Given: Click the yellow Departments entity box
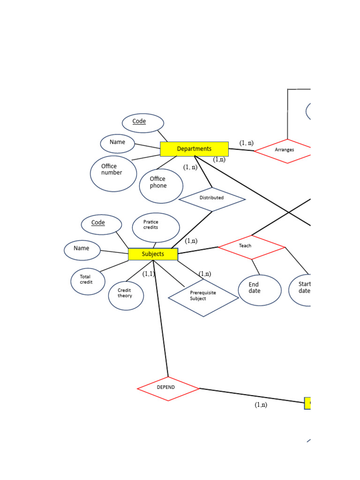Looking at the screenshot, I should (x=194, y=149).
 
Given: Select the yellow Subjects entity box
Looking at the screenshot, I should (x=153, y=254).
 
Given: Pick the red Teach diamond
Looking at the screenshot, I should (x=251, y=247).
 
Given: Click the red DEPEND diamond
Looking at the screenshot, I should (x=168, y=388).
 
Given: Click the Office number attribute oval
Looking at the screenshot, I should (x=113, y=173).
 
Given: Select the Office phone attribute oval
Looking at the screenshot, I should (x=161, y=186).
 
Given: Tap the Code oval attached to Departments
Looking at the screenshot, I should (x=143, y=123).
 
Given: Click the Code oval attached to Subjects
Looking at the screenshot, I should (x=101, y=224).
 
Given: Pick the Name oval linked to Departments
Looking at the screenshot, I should (x=118, y=143).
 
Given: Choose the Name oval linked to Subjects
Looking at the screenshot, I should (x=82, y=250).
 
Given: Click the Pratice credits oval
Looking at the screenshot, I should (x=156, y=227).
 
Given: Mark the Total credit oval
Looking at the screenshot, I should (x=88, y=281).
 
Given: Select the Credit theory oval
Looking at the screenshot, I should (x=126, y=295).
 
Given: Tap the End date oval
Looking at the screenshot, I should (x=259, y=290).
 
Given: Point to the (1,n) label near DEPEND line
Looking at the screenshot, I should (x=261, y=405).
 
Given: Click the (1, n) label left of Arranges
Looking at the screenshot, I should (x=246, y=142).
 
